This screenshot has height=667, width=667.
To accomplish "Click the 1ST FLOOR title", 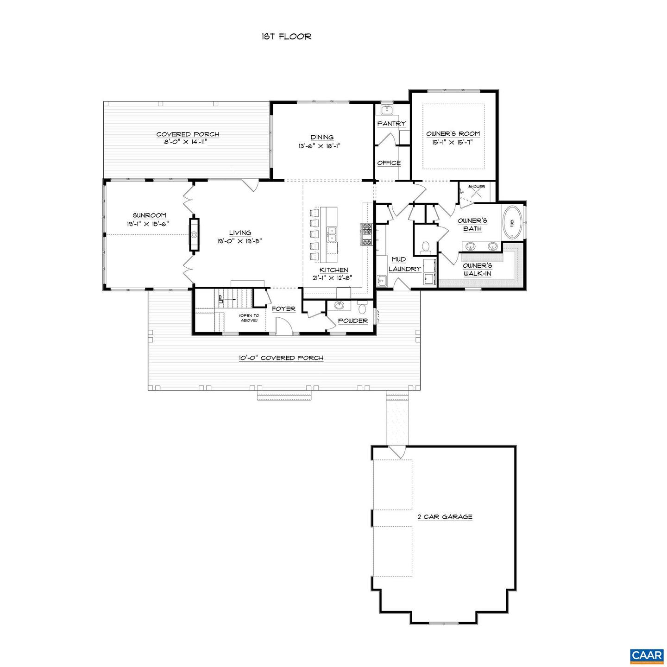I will (286, 37).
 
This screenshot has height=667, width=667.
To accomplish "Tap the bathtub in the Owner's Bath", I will (512, 222).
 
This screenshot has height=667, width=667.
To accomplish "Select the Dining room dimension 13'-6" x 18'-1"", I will (322, 145).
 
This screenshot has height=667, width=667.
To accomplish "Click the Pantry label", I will (391, 124).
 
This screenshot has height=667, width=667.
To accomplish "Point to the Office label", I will (389, 163).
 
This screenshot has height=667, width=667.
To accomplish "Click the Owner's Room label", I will (453, 134).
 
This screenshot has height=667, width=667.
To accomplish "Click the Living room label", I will (240, 233).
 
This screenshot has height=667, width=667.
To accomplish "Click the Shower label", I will (476, 187).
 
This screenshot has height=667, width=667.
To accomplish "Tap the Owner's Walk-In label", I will (477, 270).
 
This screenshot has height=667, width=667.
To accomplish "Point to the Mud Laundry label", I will (404, 264).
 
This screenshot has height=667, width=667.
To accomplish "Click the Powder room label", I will (352, 321).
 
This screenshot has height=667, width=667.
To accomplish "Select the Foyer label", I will (283, 309).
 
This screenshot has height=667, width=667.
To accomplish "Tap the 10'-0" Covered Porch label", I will (281, 358).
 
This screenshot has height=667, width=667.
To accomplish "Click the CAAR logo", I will (647, 655).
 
